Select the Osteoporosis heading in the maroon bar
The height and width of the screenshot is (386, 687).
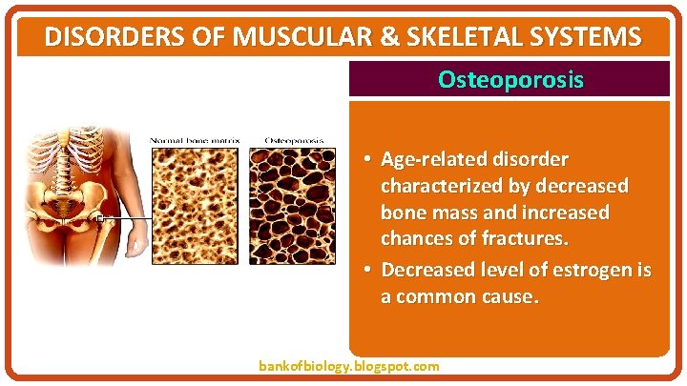click(510, 80)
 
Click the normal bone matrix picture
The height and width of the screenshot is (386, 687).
click(196, 205)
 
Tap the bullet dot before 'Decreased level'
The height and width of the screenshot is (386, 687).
click(367, 271)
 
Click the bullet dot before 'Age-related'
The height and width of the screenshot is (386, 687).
click(367, 158)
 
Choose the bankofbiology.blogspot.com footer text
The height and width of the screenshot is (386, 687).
click(349, 366)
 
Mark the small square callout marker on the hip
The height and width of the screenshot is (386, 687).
click(98, 218)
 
